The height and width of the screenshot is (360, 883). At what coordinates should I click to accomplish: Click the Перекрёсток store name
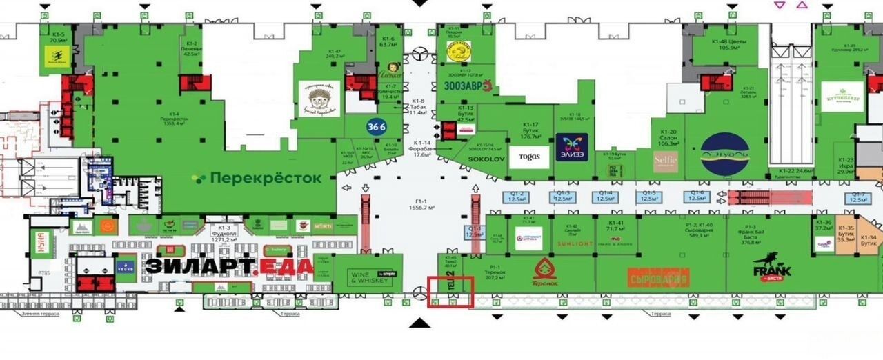[257, 178]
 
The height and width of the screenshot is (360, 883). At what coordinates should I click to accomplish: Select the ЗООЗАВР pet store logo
[466, 86]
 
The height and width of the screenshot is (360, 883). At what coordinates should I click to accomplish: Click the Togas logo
[535, 157]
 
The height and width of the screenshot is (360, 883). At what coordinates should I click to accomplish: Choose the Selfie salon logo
[666, 161]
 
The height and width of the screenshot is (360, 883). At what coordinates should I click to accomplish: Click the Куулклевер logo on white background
[842, 97]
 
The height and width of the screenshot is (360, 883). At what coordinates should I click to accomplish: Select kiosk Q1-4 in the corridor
[605, 197]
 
